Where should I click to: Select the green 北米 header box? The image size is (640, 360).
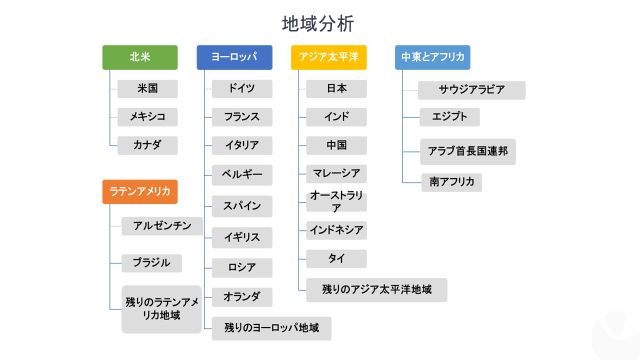click(139, 57)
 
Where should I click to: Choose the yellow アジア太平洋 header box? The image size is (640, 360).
click(328, 57)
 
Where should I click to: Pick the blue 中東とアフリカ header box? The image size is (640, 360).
click(433, 57)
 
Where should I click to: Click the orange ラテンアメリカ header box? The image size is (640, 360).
click(139, 191)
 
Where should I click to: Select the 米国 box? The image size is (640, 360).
click(147, 88)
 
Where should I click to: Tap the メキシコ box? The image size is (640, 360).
click(147, 117)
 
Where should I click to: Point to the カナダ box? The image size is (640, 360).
click(147, 145)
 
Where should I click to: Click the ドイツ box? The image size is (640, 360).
click(241, 88)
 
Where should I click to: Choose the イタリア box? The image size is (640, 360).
click(241, 145)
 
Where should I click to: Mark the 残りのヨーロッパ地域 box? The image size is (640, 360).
click(271, 327)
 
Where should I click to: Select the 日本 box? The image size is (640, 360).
click(337, 88)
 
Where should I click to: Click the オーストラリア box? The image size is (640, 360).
click(337, 201)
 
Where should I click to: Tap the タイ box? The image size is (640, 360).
click(337, 259)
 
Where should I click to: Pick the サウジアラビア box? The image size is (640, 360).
click(471, 90)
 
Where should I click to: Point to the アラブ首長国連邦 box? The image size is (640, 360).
click(471, 152)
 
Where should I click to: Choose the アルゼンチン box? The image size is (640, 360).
click(162, 226)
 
